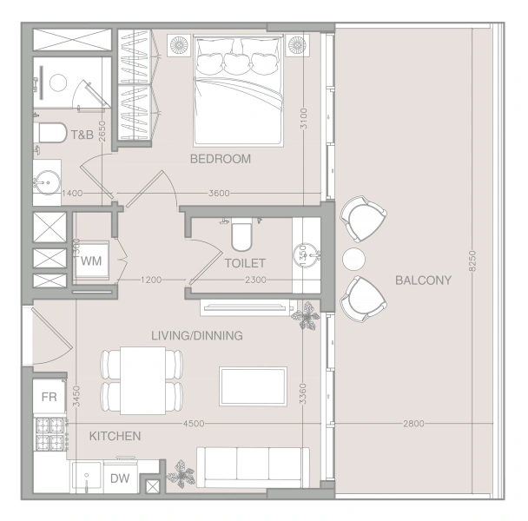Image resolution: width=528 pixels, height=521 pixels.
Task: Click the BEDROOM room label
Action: (221, 159)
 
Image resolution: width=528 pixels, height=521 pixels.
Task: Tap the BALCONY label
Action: (423, 280)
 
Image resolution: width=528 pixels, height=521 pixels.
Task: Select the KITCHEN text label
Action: (115, 436)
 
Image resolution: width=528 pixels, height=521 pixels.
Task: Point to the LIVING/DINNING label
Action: (197, 335)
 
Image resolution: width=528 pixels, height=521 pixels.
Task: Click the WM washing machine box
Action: (91, 260)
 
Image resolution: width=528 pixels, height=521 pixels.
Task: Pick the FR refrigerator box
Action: (49, 397)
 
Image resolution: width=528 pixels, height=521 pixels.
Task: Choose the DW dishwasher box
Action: (120, 478)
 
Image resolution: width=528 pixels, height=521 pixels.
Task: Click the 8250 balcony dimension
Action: (472, 260)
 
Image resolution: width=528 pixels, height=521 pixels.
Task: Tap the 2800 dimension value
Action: (413, 424)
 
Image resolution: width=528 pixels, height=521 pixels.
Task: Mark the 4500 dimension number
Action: (194, 424)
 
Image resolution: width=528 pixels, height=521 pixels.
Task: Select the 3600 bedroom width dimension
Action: (219, 194)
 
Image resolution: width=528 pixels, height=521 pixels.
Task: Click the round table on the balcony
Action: (353, 259)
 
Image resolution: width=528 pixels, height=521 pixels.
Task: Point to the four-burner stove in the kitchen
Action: (49, 434)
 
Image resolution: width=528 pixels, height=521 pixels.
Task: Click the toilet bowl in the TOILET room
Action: (241, 234)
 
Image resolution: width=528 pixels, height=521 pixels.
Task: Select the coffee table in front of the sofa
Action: (254, 386)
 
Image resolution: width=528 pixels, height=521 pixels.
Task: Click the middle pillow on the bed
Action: (237, 63)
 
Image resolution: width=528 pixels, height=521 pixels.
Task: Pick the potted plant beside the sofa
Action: (181, 474)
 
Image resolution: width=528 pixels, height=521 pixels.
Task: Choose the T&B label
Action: (82, 135)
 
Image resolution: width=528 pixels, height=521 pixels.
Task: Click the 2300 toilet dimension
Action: (255, 280)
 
